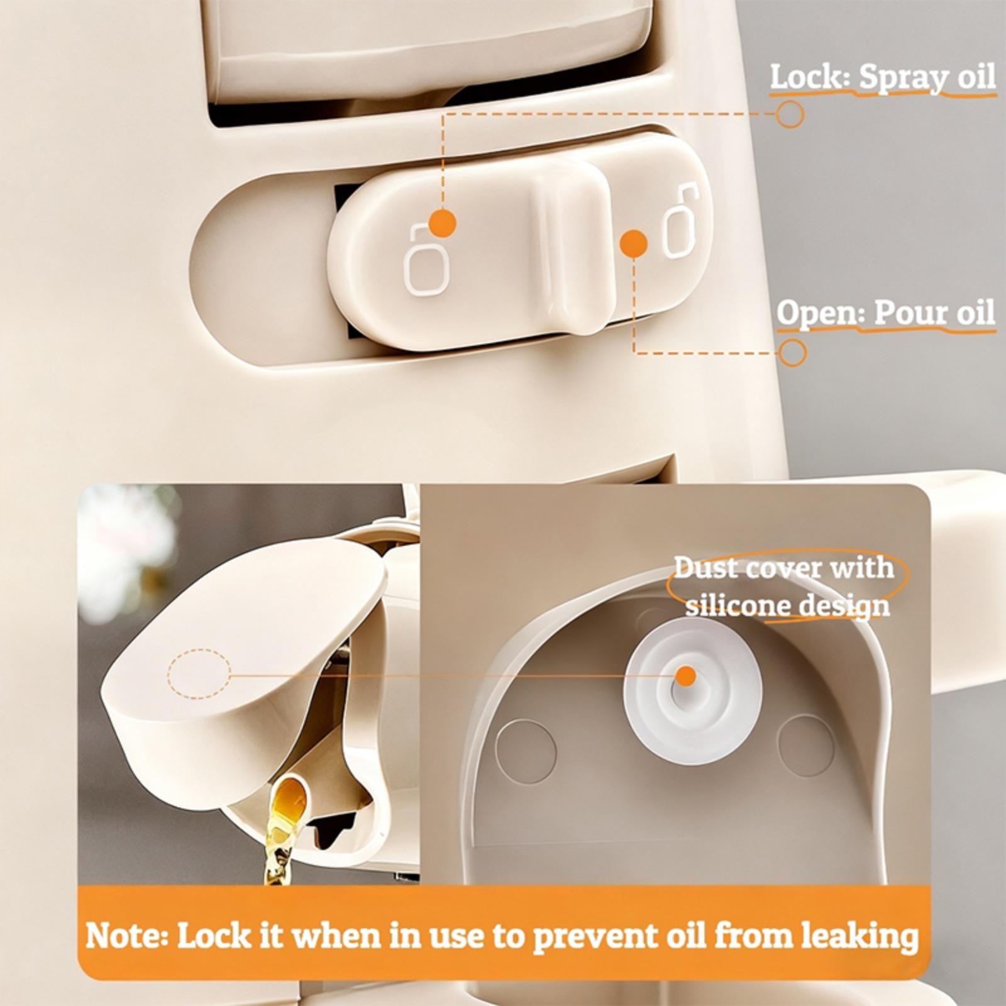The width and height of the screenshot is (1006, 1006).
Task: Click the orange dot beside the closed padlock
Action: (x=443, y=223)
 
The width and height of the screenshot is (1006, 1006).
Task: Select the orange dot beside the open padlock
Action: (x=633, y=243)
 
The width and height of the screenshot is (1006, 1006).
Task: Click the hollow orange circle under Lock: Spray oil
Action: (x=790, y=114)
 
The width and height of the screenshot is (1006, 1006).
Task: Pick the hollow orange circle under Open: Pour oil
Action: (x=793, y=353)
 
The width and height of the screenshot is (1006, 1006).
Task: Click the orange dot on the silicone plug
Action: (x=686, y=677)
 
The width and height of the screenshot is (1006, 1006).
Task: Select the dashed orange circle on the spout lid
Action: (x=199, y=674)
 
